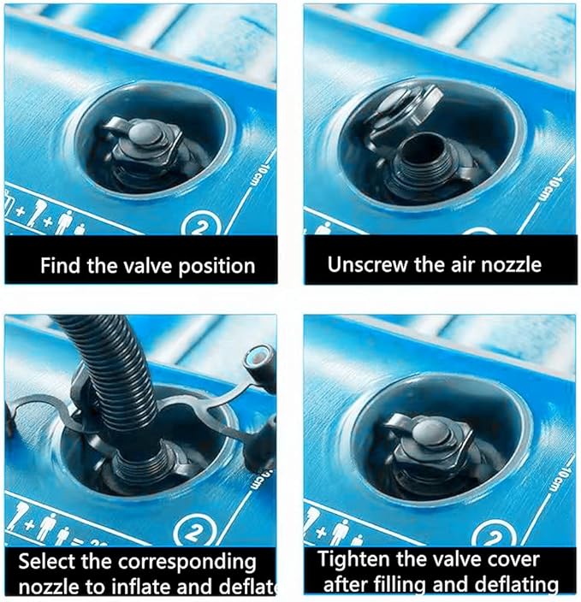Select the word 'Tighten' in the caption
coord(353,560)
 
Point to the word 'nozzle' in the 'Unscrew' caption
coord(513,264)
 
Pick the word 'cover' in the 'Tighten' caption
coord(510,560)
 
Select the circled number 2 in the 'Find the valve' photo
coord(199,227)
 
